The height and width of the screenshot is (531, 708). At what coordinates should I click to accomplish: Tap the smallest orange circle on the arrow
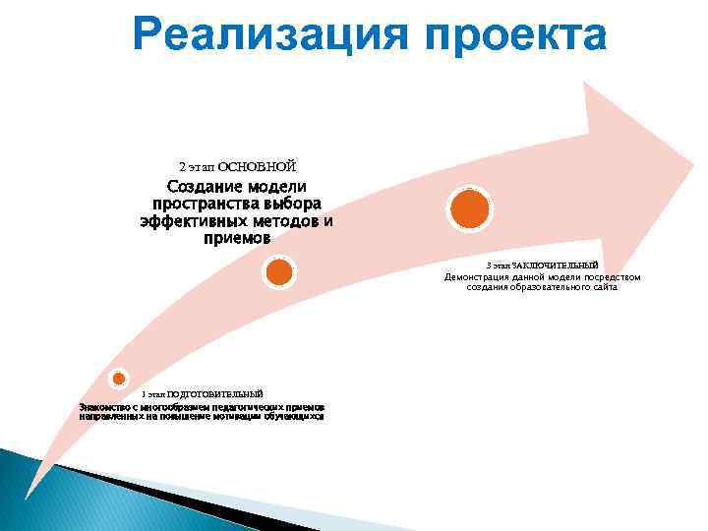(118, 378)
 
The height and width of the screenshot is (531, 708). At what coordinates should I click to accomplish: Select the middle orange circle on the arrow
(279, 271)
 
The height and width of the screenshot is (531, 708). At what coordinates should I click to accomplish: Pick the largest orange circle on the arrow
(469, 208)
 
